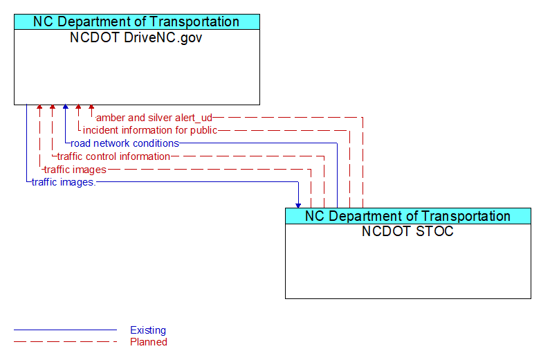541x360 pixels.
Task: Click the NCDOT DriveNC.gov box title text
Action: (136, 38)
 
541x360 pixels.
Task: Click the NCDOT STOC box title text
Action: (407, 232)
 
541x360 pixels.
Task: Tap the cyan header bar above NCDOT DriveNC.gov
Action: (136, 21)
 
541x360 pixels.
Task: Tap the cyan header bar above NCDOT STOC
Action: (407, 215)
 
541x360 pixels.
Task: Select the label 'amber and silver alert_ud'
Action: (154, 118)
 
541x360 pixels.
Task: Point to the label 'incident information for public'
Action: (149, 130)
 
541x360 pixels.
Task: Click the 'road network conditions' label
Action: (125, 143)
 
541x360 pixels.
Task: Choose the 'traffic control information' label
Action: (113, 156)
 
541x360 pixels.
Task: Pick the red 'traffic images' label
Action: (75, 170)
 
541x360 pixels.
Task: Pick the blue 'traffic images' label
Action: (63, 182)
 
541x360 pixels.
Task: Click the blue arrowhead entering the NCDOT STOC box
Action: (298, 204)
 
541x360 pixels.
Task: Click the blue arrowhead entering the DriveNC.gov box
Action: (65, 108)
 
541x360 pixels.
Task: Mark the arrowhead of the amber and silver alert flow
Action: (91, 108)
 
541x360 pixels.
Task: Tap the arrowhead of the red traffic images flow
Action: (39, 108)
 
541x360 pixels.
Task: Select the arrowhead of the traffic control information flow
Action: (52, 108)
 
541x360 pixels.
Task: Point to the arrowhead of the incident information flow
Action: (78, 108)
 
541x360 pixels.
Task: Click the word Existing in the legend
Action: (148, 330)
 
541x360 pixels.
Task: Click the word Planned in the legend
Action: (149, 341)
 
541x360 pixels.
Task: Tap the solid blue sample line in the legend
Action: (65, 330)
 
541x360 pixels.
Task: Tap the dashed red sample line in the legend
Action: (65, 341)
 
